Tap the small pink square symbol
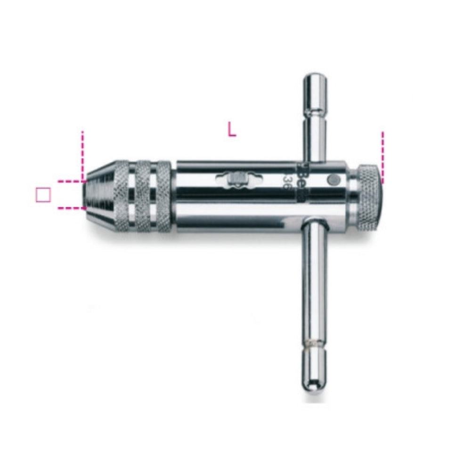43,195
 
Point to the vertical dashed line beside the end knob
382,157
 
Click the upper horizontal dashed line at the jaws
70,181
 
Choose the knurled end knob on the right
367,198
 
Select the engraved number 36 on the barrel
286,181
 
